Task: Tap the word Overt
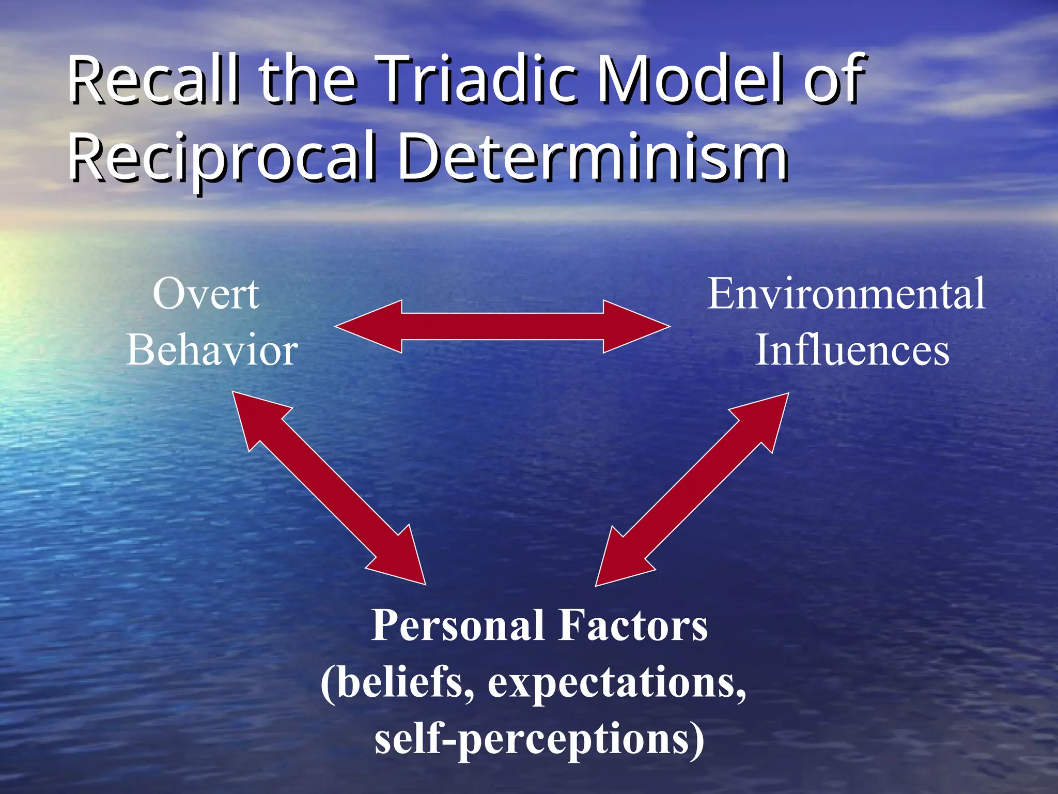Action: pyautogui.click(x=206, y=295)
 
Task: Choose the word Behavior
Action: pyautogui.click(x=212, y=350)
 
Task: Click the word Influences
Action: pyautogui.click(x=852, y=350)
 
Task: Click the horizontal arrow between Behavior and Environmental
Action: pyautogui.click(x=502, y=327)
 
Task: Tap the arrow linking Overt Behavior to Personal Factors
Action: pyautogui.click(x=329, y=488)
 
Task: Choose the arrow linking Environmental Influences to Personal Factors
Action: pyautogui.click(x=692, y=489)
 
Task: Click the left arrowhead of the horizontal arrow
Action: pyautogui.click(x=369, y=327)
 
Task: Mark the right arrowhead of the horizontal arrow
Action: pyautogui.click(x=635, y=327)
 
